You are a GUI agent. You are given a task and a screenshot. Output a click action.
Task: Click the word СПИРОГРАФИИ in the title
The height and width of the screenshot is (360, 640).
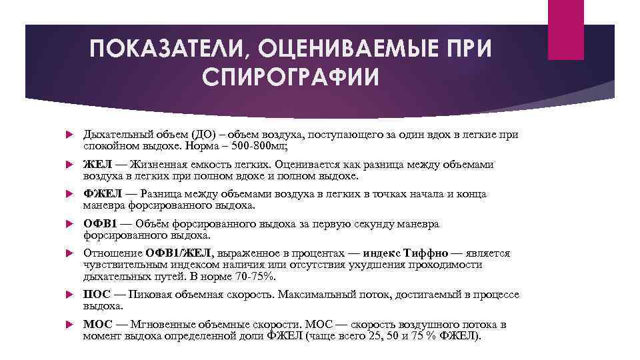288,75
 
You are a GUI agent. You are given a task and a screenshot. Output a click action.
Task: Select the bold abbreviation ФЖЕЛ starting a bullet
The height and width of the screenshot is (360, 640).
102,194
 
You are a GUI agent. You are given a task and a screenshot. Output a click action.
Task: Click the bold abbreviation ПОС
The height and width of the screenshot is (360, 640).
97,294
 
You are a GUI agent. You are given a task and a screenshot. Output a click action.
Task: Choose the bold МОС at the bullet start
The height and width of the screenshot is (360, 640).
97,325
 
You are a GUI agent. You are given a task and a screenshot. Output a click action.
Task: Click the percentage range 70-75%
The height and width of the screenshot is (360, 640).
252,276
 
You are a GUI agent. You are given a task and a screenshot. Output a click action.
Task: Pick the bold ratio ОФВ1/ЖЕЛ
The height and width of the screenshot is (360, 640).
178,253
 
